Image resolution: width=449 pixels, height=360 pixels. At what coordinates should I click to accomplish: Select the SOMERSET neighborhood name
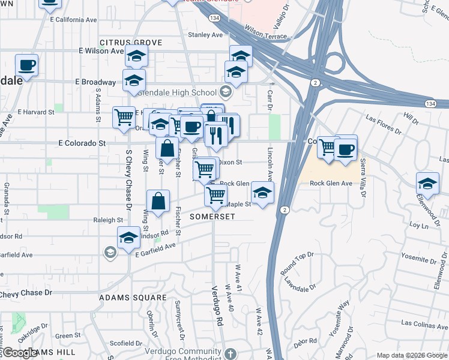point(212,216)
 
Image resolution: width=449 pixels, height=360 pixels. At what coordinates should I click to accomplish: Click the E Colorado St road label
point(82,143)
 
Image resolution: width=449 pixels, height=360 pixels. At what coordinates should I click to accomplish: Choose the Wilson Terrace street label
point(266,37)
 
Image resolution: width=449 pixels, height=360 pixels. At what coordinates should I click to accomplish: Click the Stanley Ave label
point(205,35)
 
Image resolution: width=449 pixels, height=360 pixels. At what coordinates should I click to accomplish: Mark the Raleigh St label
point(109,220)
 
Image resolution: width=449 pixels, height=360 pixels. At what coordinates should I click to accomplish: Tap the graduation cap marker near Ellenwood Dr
point(427,184)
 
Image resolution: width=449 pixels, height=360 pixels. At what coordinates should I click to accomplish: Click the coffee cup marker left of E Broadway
point(26,64)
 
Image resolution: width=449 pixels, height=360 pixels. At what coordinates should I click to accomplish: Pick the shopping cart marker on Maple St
point(215,194)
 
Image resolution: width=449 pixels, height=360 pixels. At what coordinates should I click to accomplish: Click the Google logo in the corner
point(19,353)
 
